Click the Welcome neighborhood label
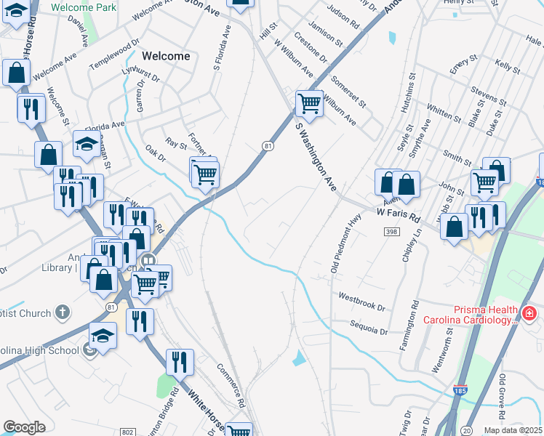click(x=166, y=56)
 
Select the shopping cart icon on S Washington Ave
click(x=309, y=103)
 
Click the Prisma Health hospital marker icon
click(x=529, y=314)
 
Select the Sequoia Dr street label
click(x=369, y=328)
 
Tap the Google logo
click(x=25, y=427)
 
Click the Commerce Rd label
click(x=233, y=384)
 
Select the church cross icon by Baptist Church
click(x=63, y=313)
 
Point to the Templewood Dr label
click(x=114, y=54)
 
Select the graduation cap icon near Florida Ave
click(x=86, y=144)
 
